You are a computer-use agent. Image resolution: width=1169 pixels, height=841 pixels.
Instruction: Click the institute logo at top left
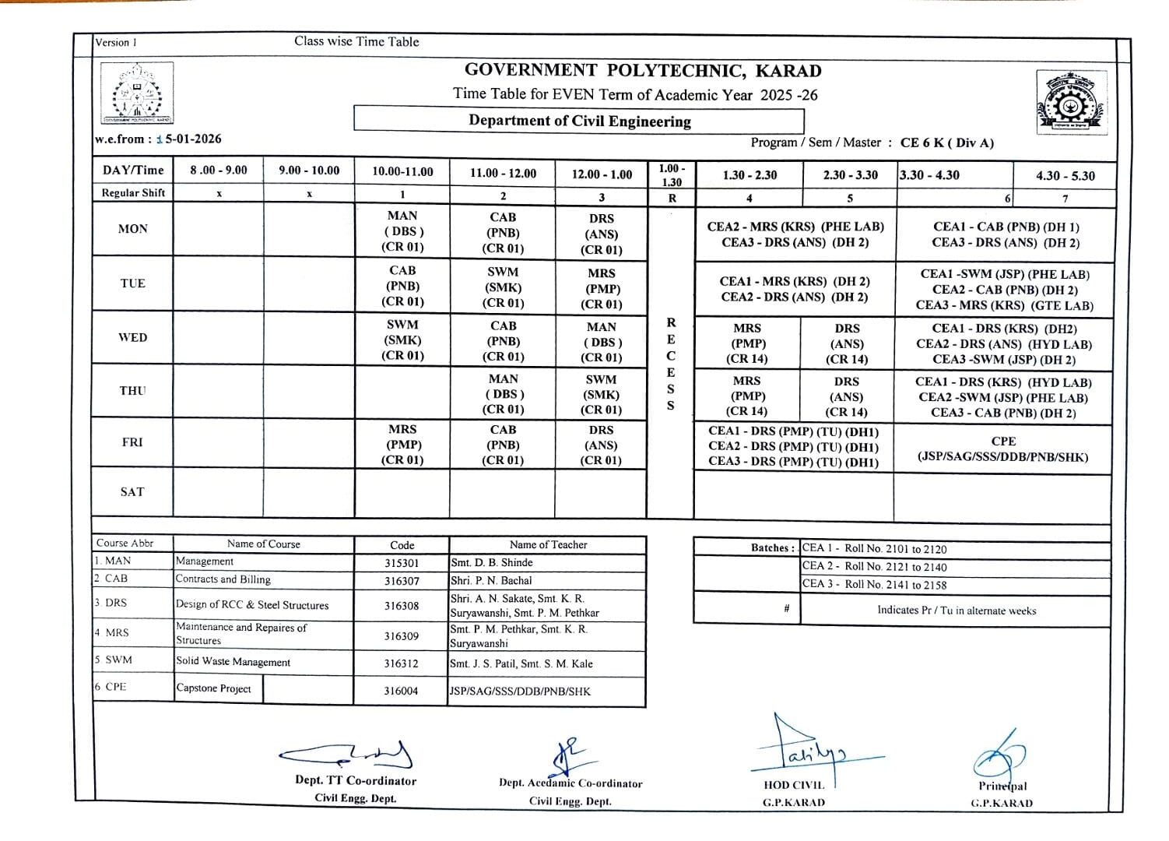click(x=137, y=93)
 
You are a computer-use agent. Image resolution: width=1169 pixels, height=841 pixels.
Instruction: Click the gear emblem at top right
click(x=1070, y=102)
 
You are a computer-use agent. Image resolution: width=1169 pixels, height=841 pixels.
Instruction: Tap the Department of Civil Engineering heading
click(x=579, y=121)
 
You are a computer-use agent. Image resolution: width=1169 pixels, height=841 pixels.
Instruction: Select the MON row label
click(x=132, y=229)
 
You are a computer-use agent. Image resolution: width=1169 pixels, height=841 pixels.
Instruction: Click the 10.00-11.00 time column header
click(x=402, y=172)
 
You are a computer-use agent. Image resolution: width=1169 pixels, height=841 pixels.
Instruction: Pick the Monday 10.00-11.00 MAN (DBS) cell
click(x=402, y=231)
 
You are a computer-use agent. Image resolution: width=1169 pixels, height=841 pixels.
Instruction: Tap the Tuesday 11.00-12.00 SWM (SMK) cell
click(x=503, y=287)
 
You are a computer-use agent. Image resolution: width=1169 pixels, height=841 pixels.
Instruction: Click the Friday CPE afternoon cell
click(x=1003, y=449)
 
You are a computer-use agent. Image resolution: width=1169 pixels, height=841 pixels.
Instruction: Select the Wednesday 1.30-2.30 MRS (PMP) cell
click(x=747, y=343)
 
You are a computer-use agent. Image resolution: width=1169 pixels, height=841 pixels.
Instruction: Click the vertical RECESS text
click(x=671, y=364)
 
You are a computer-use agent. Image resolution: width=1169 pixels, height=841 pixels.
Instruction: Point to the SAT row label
click(x=132, y=492)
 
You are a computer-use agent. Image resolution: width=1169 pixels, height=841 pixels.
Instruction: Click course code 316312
click(x=401, y=664)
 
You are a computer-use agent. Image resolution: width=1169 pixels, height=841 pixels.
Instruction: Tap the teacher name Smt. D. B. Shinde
click(x=492, y=562)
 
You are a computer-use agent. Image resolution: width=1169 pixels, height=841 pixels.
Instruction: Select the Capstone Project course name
click(x=214, y=688)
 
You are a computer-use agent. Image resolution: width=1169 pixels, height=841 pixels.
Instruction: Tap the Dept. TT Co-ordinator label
click(x=356, y=780)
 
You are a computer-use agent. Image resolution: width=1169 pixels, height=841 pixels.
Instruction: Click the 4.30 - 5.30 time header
click(x=1065, y=176)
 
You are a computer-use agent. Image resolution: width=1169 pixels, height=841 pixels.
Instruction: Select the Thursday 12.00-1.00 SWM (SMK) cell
click(x=601, y=394)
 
